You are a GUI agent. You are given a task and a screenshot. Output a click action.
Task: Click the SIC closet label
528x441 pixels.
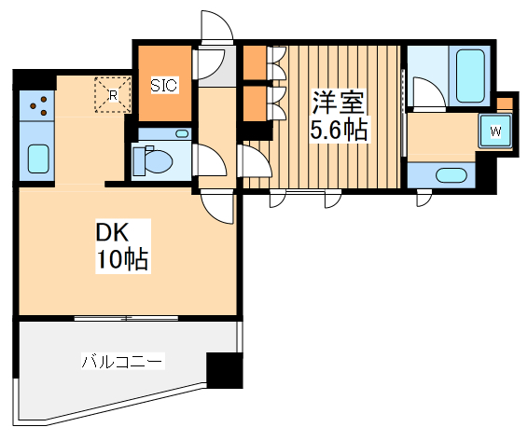click(x=163, y=85)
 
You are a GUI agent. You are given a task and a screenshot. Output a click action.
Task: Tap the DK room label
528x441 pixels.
click(x=110, y=231)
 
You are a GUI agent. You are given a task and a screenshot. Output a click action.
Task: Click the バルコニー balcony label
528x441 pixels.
click(x=122, y=361)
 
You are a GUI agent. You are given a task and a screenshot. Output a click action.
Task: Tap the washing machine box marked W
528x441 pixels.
click(x=495, y=131)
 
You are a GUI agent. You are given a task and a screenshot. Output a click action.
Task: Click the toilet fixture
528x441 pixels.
click(x=153, y=161)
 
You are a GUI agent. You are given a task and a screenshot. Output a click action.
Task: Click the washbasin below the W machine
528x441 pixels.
click(x=452, y=174)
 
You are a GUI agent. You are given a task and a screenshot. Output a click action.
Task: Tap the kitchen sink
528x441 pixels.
click(x=38, y=159)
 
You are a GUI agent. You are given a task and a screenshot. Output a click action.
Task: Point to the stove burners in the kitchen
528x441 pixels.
click(x=38, y=106)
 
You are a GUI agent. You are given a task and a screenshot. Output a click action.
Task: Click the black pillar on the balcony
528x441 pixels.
click(x=224, y=370)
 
